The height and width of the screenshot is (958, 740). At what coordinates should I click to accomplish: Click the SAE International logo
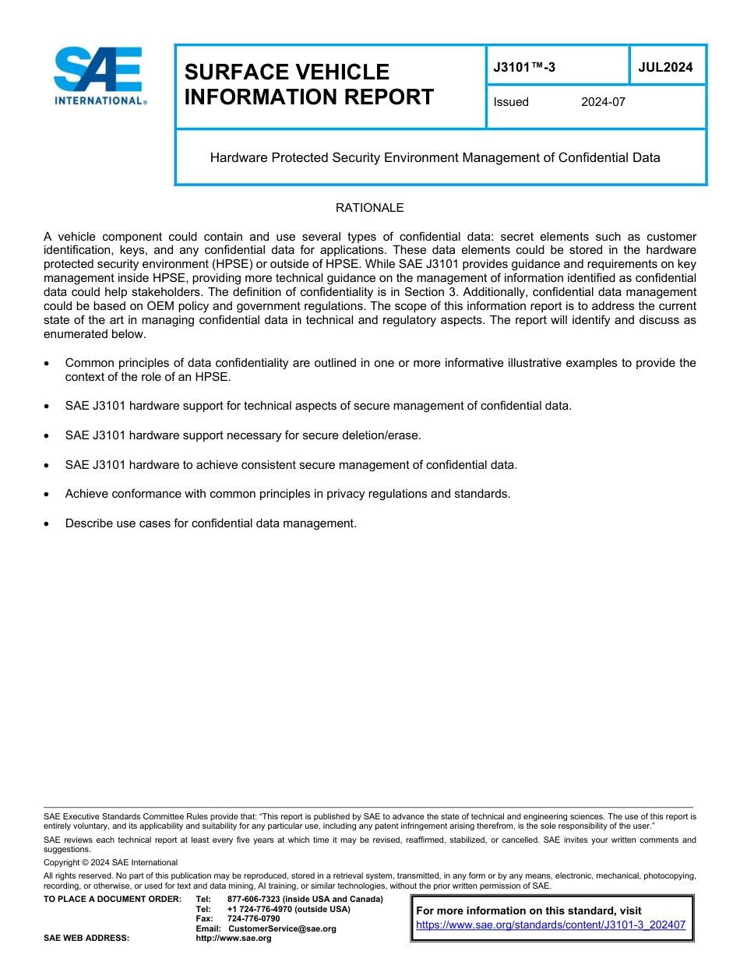[x=99, y=76]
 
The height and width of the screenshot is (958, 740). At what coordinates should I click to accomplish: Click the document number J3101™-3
[x=524, y=68]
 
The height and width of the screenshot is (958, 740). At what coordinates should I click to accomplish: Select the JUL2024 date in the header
[x=665, y=68]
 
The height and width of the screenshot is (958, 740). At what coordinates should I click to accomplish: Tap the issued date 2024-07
[x=603, y=102]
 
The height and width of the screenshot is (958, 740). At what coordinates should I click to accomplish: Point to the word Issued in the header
[x=511, y=102]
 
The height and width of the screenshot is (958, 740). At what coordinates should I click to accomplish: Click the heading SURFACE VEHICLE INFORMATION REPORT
[x=308, y=84]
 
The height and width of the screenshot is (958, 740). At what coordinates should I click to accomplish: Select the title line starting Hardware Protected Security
[x=435, y=158]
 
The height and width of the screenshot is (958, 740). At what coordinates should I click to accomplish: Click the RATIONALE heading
[x=369, y=208]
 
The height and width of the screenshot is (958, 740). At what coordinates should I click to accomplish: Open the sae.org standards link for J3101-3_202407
[x=551, y=925]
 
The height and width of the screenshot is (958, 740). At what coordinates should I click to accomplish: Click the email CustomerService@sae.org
[x=282, y=928]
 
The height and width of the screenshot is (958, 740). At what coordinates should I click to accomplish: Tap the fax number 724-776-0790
[x=253, y=919]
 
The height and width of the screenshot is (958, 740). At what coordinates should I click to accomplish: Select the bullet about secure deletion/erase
[x=243, y=435]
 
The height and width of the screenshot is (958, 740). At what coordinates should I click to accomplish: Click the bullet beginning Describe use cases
[x=210, y=523]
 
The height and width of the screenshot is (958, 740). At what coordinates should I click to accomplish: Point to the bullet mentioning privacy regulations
[x=287, y=494]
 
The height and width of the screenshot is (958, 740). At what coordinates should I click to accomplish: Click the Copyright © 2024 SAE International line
[x=111, y=862]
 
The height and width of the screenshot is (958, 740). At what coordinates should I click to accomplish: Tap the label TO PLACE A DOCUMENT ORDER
[x=112, y=899]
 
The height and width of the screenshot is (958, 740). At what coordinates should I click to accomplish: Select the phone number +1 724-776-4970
[x=288, y=909]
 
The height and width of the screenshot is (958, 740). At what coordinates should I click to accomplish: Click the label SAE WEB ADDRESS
[x=86, y=939]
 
